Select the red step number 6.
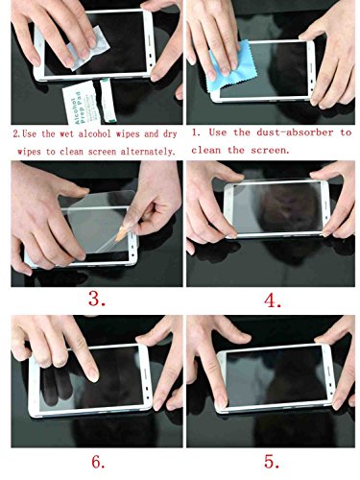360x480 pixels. [x=97, y=462]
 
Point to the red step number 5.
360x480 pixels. [x=274, y=461]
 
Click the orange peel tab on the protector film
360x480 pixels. [x=123, y=235]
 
